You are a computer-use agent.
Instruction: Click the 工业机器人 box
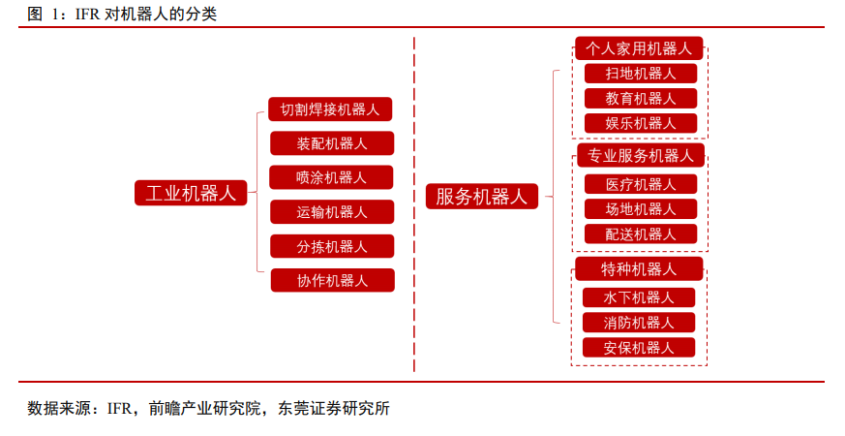(x=191, y=193)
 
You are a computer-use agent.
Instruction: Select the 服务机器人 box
(x=482, y=196)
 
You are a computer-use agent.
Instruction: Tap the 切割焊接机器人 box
(x=330, y=109)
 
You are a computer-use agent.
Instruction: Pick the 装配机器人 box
(x=332, y=143)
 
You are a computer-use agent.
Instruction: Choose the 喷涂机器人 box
(x=331, y=177)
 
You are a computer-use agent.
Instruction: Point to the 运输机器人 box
(x=332, y=212)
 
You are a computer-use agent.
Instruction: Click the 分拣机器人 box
(x=332, y=247)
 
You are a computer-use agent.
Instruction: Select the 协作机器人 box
(x=333, y=281)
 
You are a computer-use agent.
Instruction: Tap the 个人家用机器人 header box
(x=639, y=48)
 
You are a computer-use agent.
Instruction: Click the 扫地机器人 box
(x=641, y=74)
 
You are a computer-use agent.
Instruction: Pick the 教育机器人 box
(x=641, y=98)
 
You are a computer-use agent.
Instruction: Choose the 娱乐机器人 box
(x=641, y=123)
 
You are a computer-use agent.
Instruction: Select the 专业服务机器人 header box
(x=641, y=155)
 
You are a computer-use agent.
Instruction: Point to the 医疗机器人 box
(x=641, y=184)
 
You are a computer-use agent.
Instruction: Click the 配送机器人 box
(x=641, y=234)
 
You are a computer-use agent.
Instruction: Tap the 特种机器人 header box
(x=639, y=268)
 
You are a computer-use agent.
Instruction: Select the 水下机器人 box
(x=639, y=297)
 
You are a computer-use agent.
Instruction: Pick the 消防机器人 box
(x=639, y=323)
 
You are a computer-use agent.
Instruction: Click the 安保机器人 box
(x=639, y=348)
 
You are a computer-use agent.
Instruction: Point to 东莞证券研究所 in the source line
(x=334, y=409)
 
